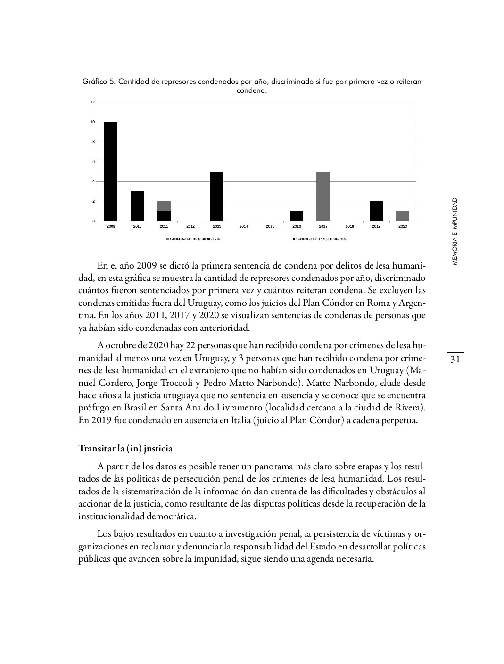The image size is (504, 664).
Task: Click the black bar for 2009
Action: click(111, 171)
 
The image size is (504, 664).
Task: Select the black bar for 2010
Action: click(137, 206)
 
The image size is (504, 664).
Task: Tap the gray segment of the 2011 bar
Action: click(164, 206)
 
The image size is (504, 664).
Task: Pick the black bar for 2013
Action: click(217, 196)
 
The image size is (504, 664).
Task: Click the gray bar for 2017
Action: click(323, 196)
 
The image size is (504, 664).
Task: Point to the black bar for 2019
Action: click(376, 211)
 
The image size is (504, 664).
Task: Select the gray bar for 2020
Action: click(403, 216)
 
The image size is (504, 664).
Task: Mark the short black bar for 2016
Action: click(297, 216)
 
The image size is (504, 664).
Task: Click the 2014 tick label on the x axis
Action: click(243, 226)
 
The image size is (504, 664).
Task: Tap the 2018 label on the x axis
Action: click(349, 226)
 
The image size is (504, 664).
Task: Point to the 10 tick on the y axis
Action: click(93, 122)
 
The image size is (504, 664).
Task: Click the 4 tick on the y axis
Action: click(93, 181)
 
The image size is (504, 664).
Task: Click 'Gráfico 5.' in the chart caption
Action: click(99, 82)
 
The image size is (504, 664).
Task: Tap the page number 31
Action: click(455, 360)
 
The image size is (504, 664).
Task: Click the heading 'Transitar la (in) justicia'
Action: click(125, 448)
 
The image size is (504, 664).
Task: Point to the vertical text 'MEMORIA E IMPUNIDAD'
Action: click(454, 231)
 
